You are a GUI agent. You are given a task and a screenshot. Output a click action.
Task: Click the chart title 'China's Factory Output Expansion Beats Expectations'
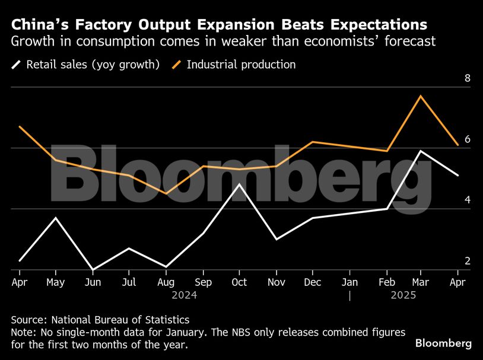click(x=219, y=25)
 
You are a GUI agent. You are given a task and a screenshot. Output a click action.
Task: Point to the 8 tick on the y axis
click(x=467, y=78)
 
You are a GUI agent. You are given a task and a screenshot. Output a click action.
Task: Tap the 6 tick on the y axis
click(x=467, y=139)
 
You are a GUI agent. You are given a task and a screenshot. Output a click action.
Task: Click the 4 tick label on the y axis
click(x=467, y=200)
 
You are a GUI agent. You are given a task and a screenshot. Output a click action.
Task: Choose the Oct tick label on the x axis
click(x=239, y=282)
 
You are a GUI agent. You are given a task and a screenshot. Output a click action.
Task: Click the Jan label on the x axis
click(x=350, y=282)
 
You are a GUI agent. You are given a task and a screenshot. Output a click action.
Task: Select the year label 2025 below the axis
click(x=403, y=295)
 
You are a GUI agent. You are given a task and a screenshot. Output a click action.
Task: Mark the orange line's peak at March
click(x=421, y=95)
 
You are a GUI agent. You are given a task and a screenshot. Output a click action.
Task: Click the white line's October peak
click(x=239, y=184)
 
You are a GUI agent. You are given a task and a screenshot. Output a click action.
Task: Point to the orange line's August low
click(x=167, y=193)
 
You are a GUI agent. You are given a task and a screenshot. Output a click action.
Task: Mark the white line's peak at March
click(x=421, y=151)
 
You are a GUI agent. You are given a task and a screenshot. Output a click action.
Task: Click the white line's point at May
click(x=56, y=218)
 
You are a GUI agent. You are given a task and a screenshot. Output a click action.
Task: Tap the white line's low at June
click(x=93, y=269)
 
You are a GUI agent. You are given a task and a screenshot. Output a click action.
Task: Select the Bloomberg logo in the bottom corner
click(x=443, y=343)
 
